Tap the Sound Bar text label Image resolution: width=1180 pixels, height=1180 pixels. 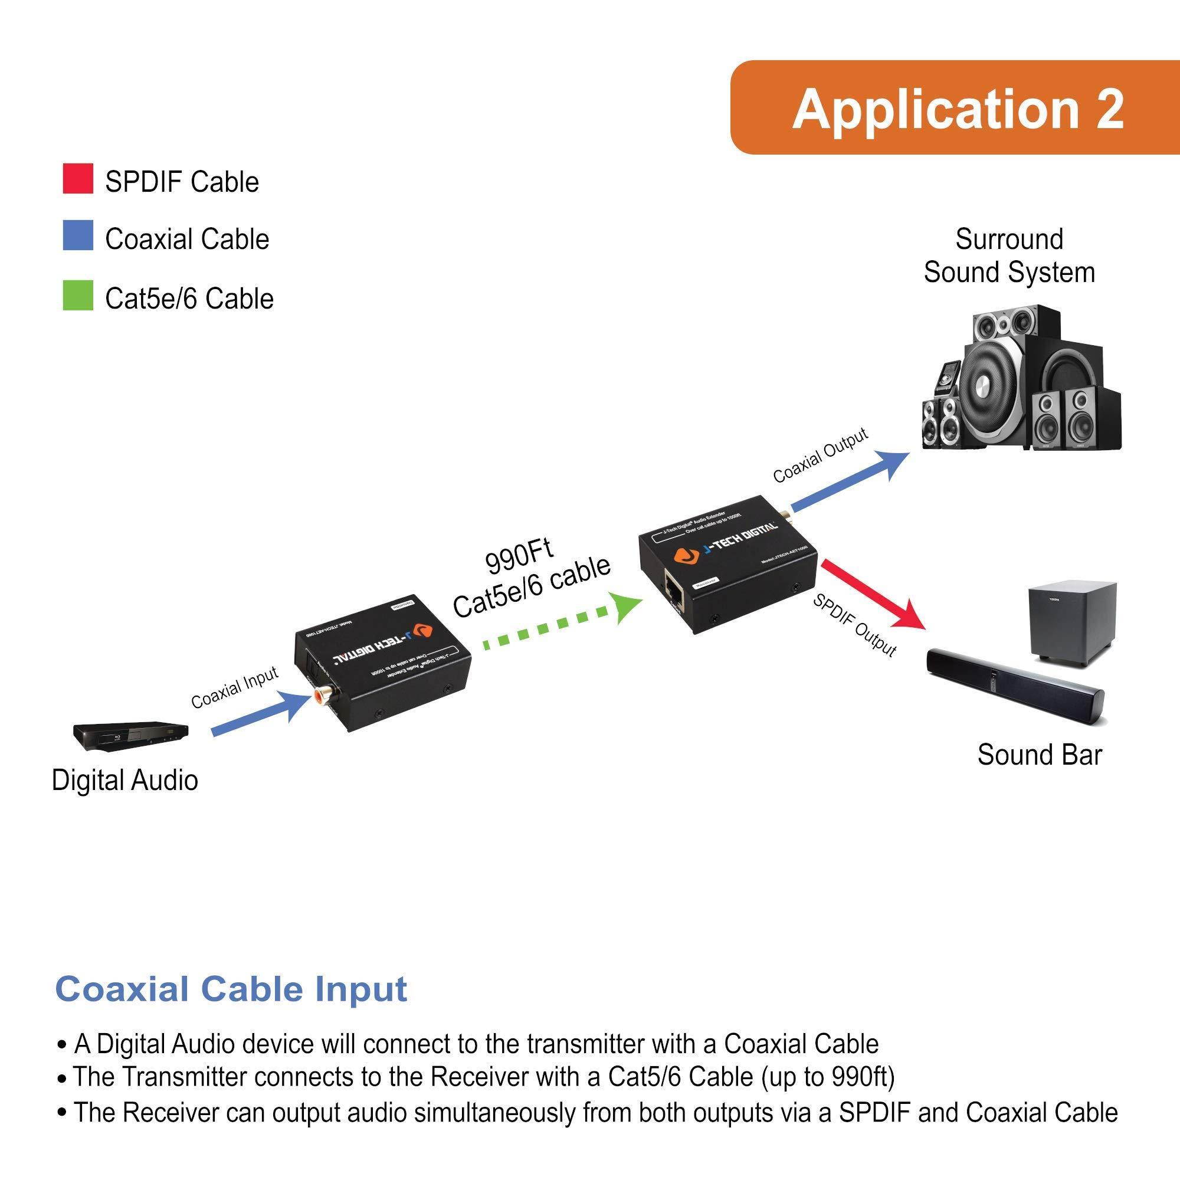point(1039,755)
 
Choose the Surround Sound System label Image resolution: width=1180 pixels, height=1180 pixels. point(1009,255)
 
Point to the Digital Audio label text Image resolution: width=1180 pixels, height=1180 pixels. point(124,781)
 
